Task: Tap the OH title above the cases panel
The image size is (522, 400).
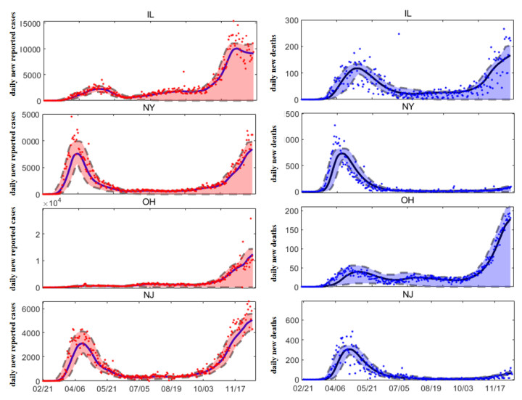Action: [x=149, y=200]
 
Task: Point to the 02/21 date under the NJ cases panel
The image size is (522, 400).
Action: [x=44, y=390]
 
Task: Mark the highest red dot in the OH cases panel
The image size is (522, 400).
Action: [x=250, y=219]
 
